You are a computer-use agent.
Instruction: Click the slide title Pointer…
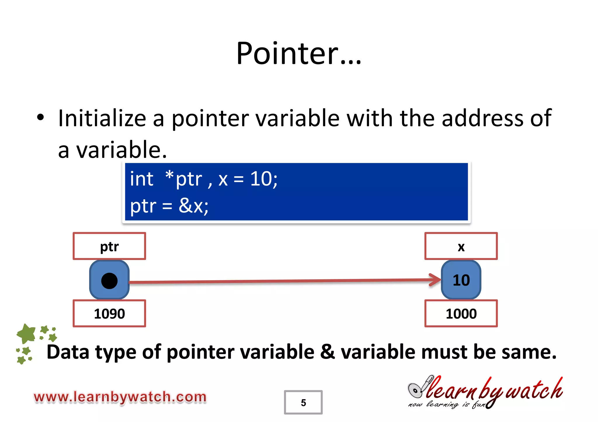pyautogui.click(x=299, y=53)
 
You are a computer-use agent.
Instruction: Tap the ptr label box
pyautogui.click(x=109, y=246)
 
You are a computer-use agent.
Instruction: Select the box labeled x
pyautogui.click(x=461, y=246)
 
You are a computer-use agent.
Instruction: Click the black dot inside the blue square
pyautogui.click(x=109, y=281)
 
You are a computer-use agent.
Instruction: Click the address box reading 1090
pyautogui.click(x=109, y=313)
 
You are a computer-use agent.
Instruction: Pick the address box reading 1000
pyautogui.click(x=461, y=313)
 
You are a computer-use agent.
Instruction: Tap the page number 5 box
pyautogui.click(x=303, y=402)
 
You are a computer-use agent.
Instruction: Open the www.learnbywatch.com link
pyautogui.click(x=120, y=397)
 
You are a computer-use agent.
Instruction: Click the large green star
pyautogui.click(x=27, y=334)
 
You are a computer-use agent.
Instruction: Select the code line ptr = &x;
pyautogui.click(x=169, y=206)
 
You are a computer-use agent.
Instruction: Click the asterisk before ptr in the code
pyautogui.click(x=169, y=175)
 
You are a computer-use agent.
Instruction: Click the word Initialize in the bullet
pyautogui.click(x=102, y=118)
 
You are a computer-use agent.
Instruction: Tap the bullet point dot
pyautogui.click(x=40, y=117)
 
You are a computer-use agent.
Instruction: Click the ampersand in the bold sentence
pyautogui.click(x=327, y=352)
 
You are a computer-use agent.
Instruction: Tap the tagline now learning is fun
pyautogui.click(x=447, y=405)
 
